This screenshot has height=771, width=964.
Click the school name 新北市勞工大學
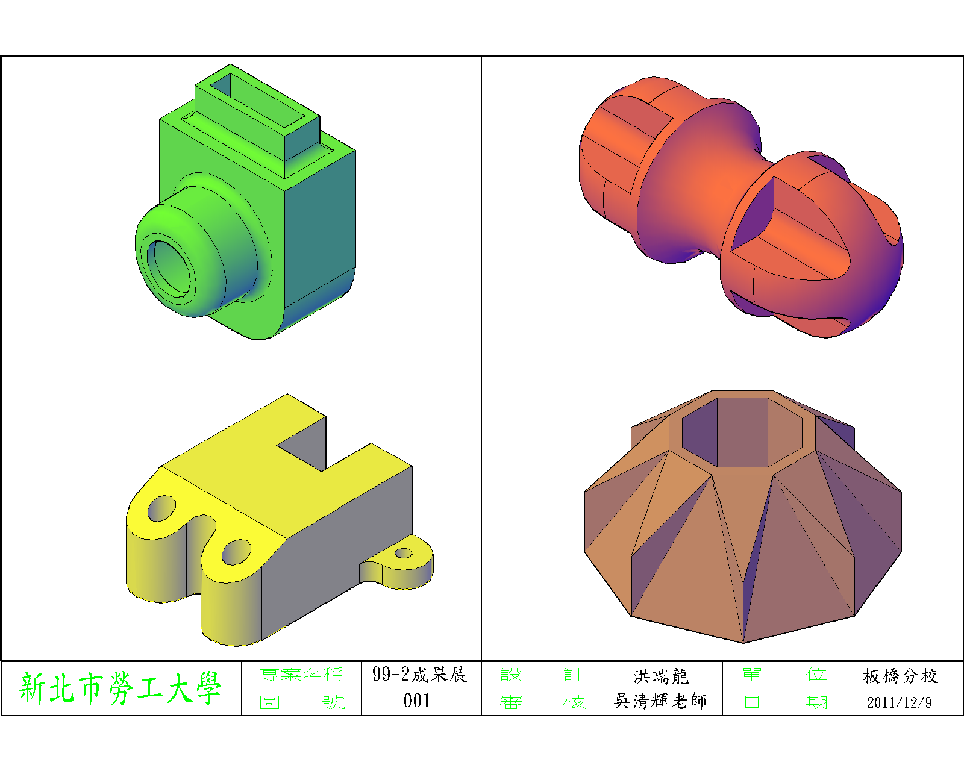[x=120, y=688]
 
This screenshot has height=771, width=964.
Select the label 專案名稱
[x=301, y=675]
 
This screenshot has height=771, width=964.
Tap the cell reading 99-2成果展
[x=420, y=675]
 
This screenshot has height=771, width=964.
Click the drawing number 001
[x=417, y=701]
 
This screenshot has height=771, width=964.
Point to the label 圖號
[x=302, y=702]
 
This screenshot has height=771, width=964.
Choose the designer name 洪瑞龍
[x=661, y=676]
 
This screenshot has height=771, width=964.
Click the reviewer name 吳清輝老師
[x=661, y=701]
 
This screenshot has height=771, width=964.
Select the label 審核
[x=542, y=702]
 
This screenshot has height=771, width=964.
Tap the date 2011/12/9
[x=899, y=702]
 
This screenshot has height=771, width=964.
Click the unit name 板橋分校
[x=900, y=676]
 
